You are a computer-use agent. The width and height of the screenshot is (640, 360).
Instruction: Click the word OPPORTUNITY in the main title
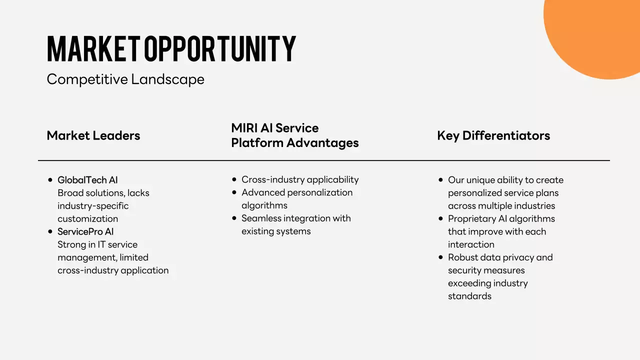click(x=220, y=49)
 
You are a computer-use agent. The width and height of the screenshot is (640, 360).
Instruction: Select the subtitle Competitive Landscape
click(x=125, y=79)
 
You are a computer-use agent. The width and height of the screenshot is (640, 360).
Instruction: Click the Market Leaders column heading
click(x=93, y=135)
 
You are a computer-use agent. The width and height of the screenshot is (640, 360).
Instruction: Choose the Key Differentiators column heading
click(x=493, y=135)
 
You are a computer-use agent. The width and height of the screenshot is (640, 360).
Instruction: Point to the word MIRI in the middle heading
click(x=245, y=128)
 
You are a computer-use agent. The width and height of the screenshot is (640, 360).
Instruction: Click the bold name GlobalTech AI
click(x=87, y=180)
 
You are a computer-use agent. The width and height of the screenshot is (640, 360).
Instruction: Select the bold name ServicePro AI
click(x=85, y=231)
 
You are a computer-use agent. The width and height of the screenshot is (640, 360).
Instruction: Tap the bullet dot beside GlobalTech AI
click(x=50, y=180)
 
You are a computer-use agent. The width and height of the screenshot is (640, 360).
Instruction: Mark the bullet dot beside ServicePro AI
click(x=50, y=231)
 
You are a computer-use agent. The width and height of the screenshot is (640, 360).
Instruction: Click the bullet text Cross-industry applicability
click(x=300, y=179)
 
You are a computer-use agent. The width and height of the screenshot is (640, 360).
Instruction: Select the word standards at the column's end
click(x=469, y=296)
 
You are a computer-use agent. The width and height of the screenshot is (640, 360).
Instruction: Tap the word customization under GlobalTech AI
click(x=87, y=218)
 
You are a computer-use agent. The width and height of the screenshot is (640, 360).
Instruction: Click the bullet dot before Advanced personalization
click(x=234, y=192)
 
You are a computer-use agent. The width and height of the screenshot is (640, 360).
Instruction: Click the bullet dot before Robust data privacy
click(x=440, y=257)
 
